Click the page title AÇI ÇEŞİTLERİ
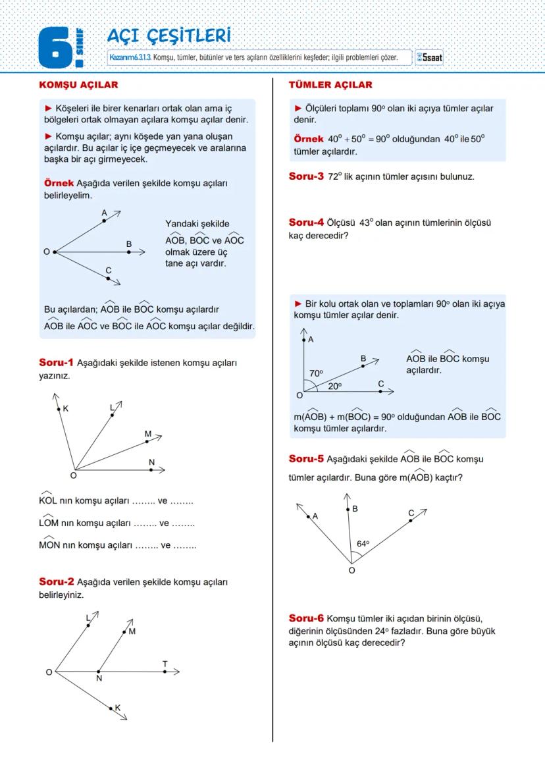169,36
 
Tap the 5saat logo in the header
430,58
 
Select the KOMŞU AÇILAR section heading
78,85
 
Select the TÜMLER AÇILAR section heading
330,85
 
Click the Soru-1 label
57,362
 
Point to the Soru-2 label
57,581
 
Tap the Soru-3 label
306,176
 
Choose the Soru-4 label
306,223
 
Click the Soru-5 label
306,459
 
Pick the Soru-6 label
306,618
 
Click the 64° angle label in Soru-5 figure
363,544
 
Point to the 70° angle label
316,373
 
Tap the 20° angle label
335,386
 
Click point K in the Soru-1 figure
59,410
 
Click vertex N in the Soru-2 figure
98,672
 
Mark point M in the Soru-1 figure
147,441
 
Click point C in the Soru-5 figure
411,520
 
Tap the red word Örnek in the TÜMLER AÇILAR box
308,139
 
